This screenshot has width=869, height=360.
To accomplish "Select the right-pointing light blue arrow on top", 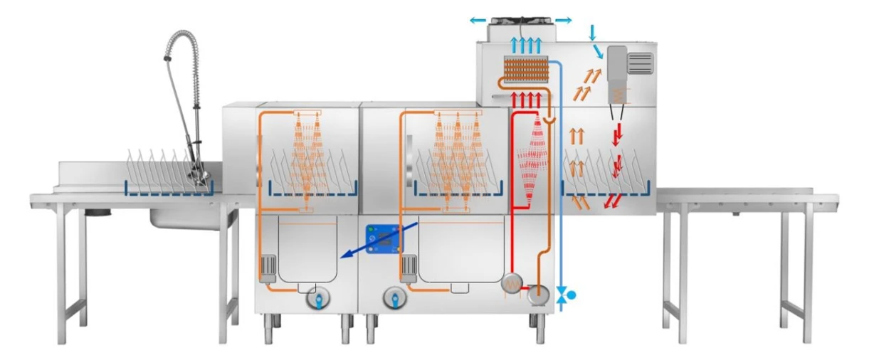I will point(563,21).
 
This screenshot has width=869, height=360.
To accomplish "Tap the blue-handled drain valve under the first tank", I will point(317,300).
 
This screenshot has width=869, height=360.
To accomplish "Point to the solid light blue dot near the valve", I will point(571,293).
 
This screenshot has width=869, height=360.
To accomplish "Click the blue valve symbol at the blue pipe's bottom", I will point(561,295).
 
